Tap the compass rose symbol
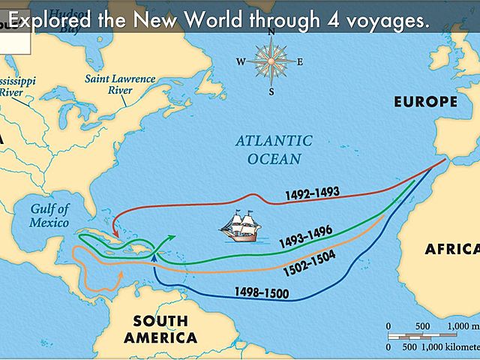(x=270, y=61)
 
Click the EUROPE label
(x=426, y=101)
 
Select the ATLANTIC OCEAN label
(x=273, y=150)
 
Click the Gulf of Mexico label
(x=49, y=215)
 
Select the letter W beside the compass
(x=241, y=62)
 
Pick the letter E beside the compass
(x=299, y=62)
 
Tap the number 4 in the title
(x=331, y=20)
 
